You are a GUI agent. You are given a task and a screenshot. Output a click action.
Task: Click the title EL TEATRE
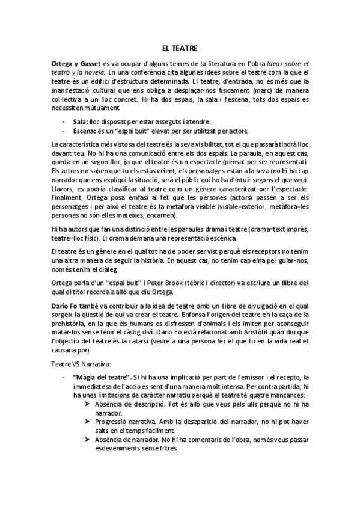(x=180, y=47)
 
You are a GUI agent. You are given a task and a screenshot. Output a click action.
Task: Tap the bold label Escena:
(x=85, y=129)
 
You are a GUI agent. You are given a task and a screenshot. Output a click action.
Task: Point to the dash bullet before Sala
(x=64, y=121)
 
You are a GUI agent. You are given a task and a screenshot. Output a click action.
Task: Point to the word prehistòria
(x=70, y=323)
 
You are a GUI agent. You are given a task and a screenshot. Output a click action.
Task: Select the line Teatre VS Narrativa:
(x=81, y=363)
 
